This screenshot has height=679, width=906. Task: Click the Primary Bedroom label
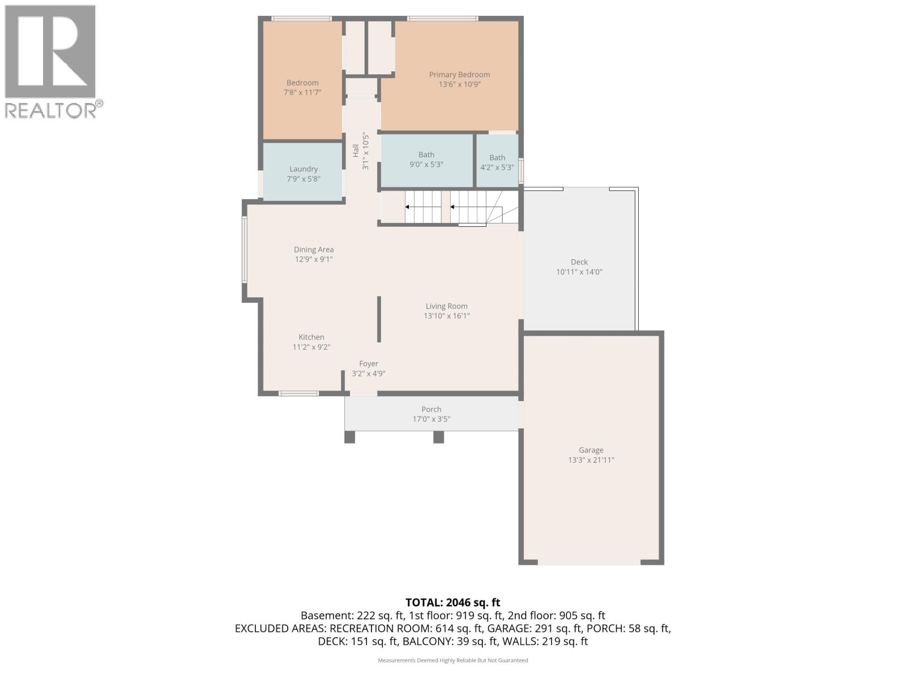pos(459,75)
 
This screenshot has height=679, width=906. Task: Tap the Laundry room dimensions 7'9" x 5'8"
pos(304,179)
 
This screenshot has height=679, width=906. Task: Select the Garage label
pos(591,450)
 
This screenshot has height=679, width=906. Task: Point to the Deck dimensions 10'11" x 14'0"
pos(579,272)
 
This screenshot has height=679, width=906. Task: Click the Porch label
pos(431,409)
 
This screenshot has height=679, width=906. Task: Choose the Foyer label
pos(369,364)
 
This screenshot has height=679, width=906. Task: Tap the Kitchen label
pos(311,337)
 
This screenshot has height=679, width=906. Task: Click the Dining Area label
pos(314,250)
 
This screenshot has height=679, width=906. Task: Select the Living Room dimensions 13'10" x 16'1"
pos(447,316)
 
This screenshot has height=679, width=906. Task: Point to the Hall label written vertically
pos(356,151)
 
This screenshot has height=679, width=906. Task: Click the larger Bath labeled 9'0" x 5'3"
pos(426,155)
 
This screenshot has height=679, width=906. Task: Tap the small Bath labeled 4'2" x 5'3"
pos(497,158)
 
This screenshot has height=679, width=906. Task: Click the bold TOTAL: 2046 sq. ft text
pos(452,603)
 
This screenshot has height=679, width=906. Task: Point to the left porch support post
pos(349,437)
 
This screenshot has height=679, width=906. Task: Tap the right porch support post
pos(439,437)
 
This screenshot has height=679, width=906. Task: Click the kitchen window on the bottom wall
pos(298,393)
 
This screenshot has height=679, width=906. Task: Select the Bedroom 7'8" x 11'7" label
pos(302,83)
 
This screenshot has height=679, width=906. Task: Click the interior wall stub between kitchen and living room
pos(379,319)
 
